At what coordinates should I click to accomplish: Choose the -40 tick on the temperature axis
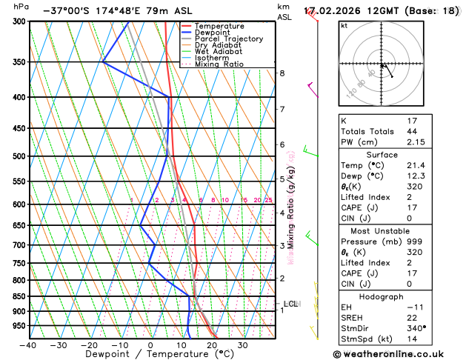(x=28, y=345)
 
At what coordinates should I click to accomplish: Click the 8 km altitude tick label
(x=282, y=73)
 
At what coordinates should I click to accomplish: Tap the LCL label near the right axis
(x=290, y=304)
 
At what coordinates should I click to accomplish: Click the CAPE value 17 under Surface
(x=412, y=207)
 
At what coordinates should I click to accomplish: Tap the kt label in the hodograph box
(x=344, y=25)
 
